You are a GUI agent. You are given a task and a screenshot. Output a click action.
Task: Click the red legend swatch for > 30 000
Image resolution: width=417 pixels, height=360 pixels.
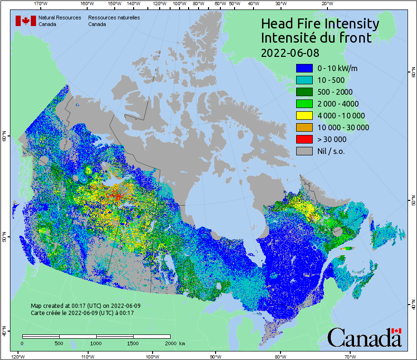point(304,139)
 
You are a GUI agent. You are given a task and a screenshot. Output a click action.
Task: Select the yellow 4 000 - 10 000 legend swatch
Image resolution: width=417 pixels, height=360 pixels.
point(304,116)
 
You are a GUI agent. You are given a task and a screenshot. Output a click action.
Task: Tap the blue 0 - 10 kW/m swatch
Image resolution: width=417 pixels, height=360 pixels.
point(304,68)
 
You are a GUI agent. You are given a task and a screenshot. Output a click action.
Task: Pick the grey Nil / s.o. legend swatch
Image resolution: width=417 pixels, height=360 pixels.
point(304,151)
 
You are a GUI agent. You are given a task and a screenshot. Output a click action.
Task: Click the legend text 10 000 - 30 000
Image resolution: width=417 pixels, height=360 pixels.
point(343,127)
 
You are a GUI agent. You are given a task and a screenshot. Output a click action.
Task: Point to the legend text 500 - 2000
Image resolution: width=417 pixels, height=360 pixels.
point(335,92)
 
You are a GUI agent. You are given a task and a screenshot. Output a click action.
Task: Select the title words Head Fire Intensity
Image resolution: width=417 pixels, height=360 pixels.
point(320,24)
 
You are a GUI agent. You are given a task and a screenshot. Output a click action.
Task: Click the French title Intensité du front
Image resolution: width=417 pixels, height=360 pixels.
point(317,38)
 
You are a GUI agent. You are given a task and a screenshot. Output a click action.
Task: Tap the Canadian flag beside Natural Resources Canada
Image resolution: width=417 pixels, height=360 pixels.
point(26,21)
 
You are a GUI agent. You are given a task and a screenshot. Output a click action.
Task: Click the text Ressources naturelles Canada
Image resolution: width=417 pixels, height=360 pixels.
point(114,21)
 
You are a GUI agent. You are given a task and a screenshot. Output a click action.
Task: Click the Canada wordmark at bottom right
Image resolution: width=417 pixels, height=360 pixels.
point(365,337)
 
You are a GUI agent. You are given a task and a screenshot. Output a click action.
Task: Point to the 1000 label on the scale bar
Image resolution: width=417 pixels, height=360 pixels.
point(96,343)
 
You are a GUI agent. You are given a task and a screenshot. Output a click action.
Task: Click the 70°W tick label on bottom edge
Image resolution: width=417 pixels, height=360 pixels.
point(350,356)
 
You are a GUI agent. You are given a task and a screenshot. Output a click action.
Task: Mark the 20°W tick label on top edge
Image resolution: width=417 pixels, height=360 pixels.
point(326,4)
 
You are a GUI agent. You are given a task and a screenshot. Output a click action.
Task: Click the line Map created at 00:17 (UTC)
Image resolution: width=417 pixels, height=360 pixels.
point(85,306)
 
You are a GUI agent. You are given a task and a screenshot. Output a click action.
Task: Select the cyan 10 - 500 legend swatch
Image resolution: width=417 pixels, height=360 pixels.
point(304,80)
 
